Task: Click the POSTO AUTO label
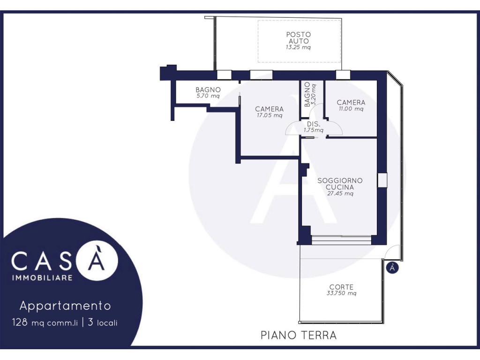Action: point(299,37)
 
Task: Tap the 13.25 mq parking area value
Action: point(298,47)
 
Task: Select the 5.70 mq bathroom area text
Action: point(208,96)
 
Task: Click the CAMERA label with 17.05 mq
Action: point(270,109)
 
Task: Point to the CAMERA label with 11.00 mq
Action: point(351,103)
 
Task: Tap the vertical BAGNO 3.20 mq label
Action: point(310,94)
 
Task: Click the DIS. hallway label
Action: point(314,124)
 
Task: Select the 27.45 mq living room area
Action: point(340,194)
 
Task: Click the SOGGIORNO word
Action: point(340,180)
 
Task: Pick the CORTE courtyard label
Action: point(341,287)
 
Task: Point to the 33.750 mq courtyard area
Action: point(341,293)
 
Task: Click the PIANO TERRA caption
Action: point(299,335)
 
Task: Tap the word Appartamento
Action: point(65,306)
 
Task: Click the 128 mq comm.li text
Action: point(45,322)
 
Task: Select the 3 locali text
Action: point(103,322)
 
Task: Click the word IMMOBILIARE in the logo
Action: point(42,277)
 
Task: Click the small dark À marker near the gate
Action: point(392,268)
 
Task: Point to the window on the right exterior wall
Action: point(382,180)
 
